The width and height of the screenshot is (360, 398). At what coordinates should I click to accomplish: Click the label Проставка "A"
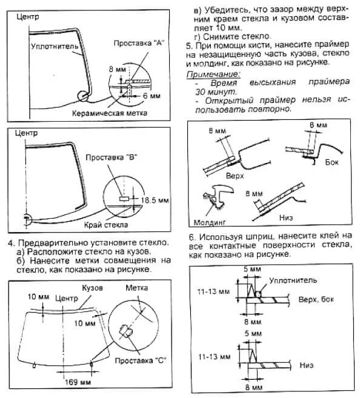(139, 43)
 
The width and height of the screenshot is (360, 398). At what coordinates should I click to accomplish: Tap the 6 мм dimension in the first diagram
(152, 96)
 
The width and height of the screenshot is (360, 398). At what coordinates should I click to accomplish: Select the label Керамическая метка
(110, 113)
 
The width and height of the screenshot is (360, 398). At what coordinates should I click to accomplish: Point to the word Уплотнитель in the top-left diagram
(55, 46)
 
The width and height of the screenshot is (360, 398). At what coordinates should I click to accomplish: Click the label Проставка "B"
(112, 158)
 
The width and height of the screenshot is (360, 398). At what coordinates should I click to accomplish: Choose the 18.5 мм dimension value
(155, 201)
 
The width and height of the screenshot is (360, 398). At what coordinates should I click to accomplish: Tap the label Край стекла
(106, 225)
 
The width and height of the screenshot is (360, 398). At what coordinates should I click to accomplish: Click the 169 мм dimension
(78, 382)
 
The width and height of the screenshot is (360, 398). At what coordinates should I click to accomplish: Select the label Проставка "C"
(141, 360)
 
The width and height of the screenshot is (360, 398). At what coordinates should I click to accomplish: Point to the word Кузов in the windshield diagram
(92, 288)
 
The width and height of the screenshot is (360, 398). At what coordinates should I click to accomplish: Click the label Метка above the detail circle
(137, 288)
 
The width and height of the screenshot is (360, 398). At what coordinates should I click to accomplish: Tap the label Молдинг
(210, 222)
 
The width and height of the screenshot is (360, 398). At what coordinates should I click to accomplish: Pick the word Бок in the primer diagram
(332, 162)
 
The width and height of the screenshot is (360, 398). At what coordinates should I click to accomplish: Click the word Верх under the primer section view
(235, 176)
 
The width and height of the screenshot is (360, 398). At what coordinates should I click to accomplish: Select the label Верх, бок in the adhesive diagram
(316, 299)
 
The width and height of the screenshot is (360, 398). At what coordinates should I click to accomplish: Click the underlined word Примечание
(213, 75)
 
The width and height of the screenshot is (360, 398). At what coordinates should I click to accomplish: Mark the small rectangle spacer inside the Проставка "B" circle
(124, 199)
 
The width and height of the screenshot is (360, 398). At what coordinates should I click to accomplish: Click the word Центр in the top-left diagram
(28, 17)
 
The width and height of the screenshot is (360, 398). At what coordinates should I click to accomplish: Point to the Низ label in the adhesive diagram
(307, 365)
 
